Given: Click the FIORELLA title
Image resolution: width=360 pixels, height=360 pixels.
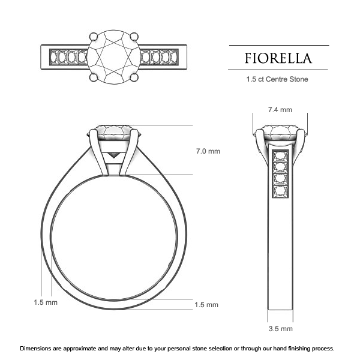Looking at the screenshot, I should [x=278, y=58].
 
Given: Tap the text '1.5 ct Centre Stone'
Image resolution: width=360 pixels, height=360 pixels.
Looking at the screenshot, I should [x=278, y=79].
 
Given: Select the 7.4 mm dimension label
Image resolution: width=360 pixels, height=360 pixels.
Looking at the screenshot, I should [x=280, y=110].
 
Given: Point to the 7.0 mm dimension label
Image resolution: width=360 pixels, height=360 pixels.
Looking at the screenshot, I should [x=208, y=151].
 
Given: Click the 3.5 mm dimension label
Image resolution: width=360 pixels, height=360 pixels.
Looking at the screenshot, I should [x=280, y=329].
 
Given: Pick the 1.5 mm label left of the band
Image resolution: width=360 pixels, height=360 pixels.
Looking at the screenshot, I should [x=45, y=302].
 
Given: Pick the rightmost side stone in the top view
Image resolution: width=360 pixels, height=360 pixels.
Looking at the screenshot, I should [x=172, y=57].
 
